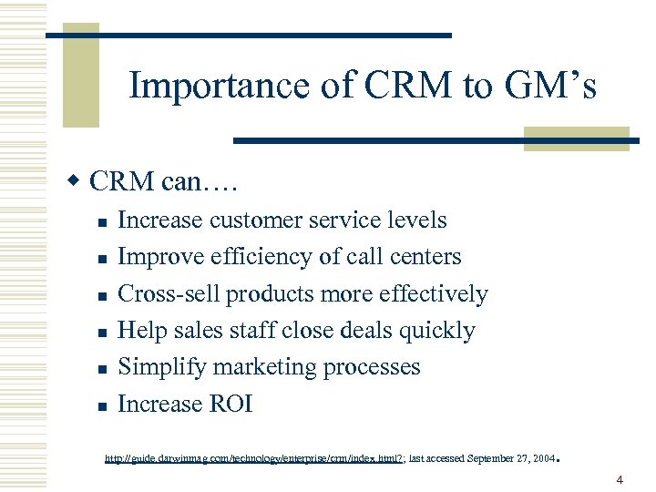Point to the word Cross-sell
[169, 294]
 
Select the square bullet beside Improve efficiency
[102, 260]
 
